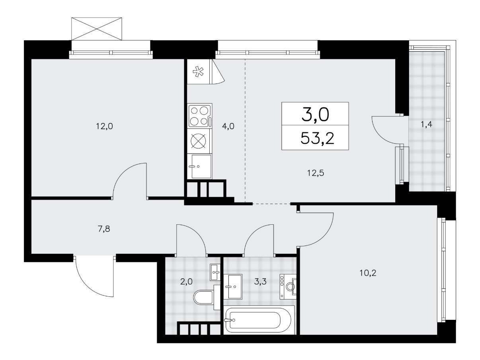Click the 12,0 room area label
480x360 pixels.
(104, 126)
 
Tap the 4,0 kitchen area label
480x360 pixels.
(228, 126)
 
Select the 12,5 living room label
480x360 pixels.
(316, 173)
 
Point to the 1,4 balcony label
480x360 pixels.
(426, 125)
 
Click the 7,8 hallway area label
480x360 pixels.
(104, 229)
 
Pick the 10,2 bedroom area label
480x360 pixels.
(368, 273)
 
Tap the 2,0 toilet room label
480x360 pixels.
(186, 282)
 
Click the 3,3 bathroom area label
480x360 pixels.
(260, 282)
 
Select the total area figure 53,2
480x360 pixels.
(318, 138)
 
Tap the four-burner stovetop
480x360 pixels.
(200, 116)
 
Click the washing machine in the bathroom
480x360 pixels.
(288, 286)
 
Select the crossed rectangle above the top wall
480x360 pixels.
(97, 29)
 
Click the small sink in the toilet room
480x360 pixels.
(215, 272)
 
